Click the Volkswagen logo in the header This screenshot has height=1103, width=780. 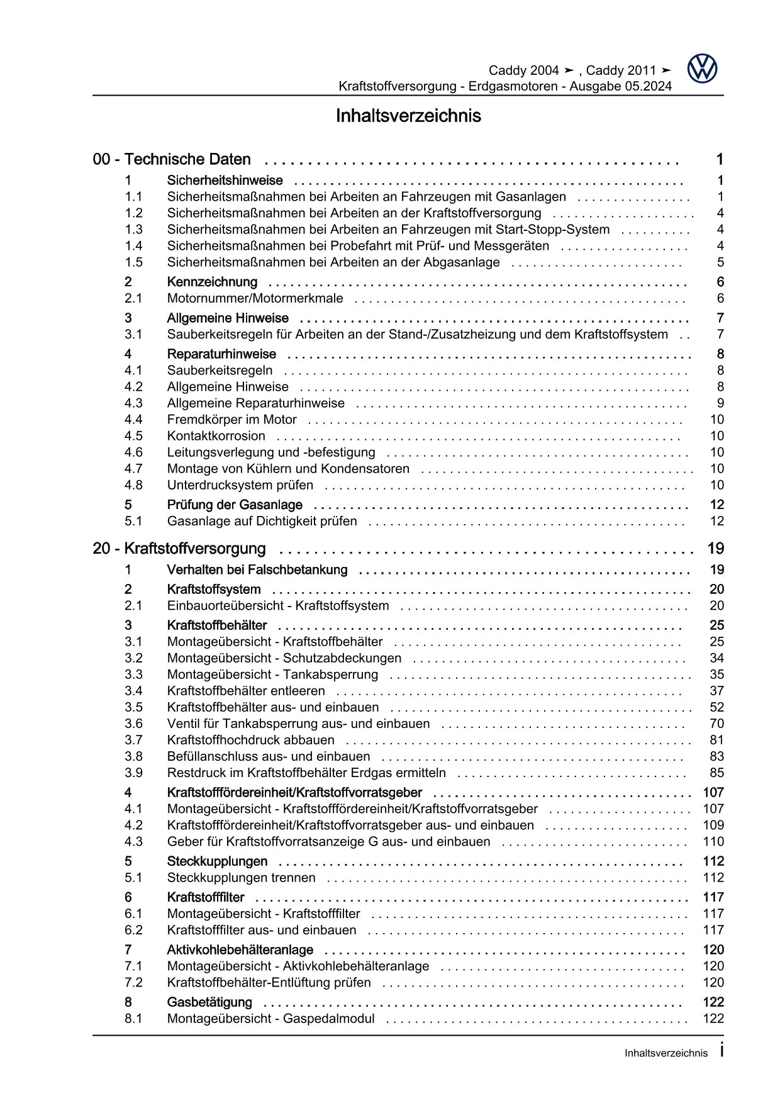tap(702, 69)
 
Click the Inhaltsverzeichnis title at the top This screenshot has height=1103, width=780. tap(408, 116)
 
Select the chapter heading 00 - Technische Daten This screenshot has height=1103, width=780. tap(172, 160)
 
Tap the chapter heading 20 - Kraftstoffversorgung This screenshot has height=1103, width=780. tap(179, 549)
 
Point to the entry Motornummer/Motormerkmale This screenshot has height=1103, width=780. tap(255, 298)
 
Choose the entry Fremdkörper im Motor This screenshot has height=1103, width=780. tap(231, 420)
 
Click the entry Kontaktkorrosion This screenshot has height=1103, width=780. tap(216, 436)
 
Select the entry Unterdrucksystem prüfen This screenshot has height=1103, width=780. tap(240, 485)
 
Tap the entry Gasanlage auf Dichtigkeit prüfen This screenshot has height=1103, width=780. tap(262, 521)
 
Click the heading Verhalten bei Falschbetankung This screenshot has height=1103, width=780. tap(257, 570)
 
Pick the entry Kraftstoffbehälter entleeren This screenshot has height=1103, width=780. tap(246, 691)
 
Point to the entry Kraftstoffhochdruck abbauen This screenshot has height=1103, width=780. tap(250, 740)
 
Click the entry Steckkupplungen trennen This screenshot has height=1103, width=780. tap(241, 878)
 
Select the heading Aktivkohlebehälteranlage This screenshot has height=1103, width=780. tap(240, 950)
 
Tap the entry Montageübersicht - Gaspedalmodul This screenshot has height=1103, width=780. tap(270, 1019)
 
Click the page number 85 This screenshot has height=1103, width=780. tap(716, 773)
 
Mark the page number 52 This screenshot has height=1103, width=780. tap(716, 707)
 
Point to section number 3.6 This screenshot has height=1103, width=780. tap(133, 724)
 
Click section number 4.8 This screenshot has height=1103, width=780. tap(133, 485)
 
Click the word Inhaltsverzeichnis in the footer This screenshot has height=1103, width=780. tap(666, 1053)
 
